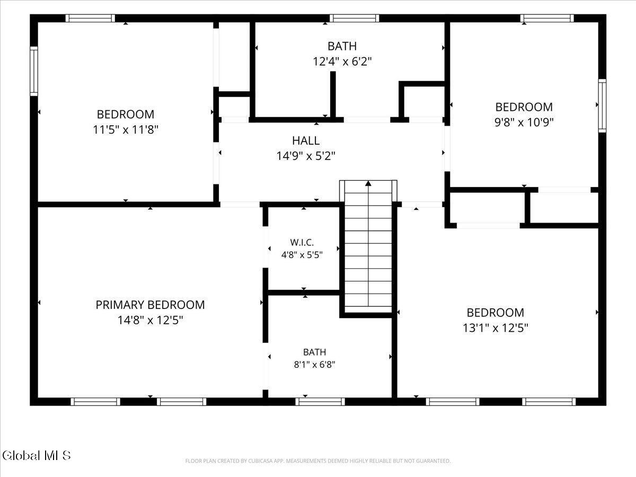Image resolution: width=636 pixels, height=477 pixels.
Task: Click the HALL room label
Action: (x=306, y=141)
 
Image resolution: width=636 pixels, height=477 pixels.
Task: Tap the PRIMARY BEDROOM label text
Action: (x=150, y=305)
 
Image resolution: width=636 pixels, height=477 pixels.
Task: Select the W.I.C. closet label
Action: (x=302, y=242)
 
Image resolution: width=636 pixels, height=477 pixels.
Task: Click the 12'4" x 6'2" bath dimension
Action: (x=342, y=61)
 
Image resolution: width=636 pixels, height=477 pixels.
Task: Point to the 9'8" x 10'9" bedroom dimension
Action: (x=524, y=122)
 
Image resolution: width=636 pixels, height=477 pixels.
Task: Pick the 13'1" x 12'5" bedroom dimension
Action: (x=496, y=328)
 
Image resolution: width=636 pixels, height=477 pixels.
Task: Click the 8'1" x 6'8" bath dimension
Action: (x=314, y=364)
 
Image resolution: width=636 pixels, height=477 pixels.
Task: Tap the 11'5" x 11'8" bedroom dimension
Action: (x=126, y=130)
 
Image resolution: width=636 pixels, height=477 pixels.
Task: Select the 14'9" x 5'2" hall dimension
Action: (x=306, y=156)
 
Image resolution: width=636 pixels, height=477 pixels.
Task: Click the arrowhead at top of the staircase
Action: (x=368, y=183)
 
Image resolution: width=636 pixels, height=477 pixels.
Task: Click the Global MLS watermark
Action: (x=36, y=455)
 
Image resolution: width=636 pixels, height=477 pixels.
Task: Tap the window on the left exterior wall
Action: (x=34, y=71)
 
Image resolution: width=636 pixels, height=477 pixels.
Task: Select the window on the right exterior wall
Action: (x=602, y=105)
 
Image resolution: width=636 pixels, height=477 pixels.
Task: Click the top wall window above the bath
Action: (x=354, y=18)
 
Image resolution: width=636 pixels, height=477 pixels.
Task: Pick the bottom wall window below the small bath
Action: (x=320, y=402)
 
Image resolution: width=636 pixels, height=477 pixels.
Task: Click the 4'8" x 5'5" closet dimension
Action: (x=302, y=255)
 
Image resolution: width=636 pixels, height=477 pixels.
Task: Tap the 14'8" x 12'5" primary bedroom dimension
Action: (x=150, y=320)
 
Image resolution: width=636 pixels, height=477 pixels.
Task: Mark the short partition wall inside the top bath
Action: (x=333, y=95)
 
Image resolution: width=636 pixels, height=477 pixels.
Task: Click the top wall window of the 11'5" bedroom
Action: (x=90, y=18)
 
